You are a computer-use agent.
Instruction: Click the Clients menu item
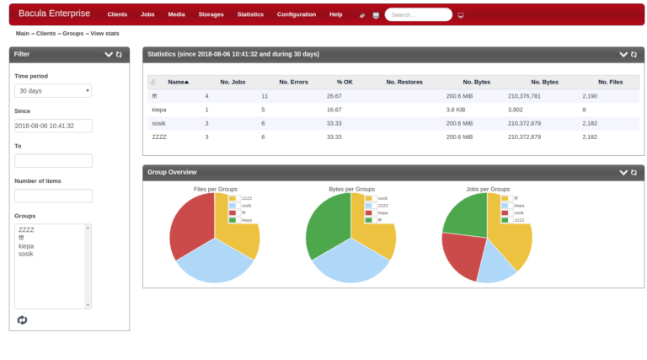coord(117,14)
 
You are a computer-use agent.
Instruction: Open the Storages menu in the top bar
coord(211,14)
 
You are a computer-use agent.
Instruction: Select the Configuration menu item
coord(297,14)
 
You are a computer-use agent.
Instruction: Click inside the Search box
coord(417,14)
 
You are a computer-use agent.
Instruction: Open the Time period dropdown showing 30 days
coord(53,91)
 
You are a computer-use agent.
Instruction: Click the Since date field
coord(53,126)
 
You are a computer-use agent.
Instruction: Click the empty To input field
coord(53,160)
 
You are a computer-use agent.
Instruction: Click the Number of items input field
coord(53,196)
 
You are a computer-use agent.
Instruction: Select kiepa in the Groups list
coord(27,246)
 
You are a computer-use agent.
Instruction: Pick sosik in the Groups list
coord(27,254)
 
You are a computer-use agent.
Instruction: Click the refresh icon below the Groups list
coord(22,320)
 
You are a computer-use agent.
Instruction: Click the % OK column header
coord(345,82)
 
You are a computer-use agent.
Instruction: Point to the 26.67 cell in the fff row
coord(334,96)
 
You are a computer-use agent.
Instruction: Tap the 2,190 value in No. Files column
coord(590,96)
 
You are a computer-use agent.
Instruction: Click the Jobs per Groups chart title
coord(488,189)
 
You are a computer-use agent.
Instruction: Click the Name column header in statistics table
coord(177,82)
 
